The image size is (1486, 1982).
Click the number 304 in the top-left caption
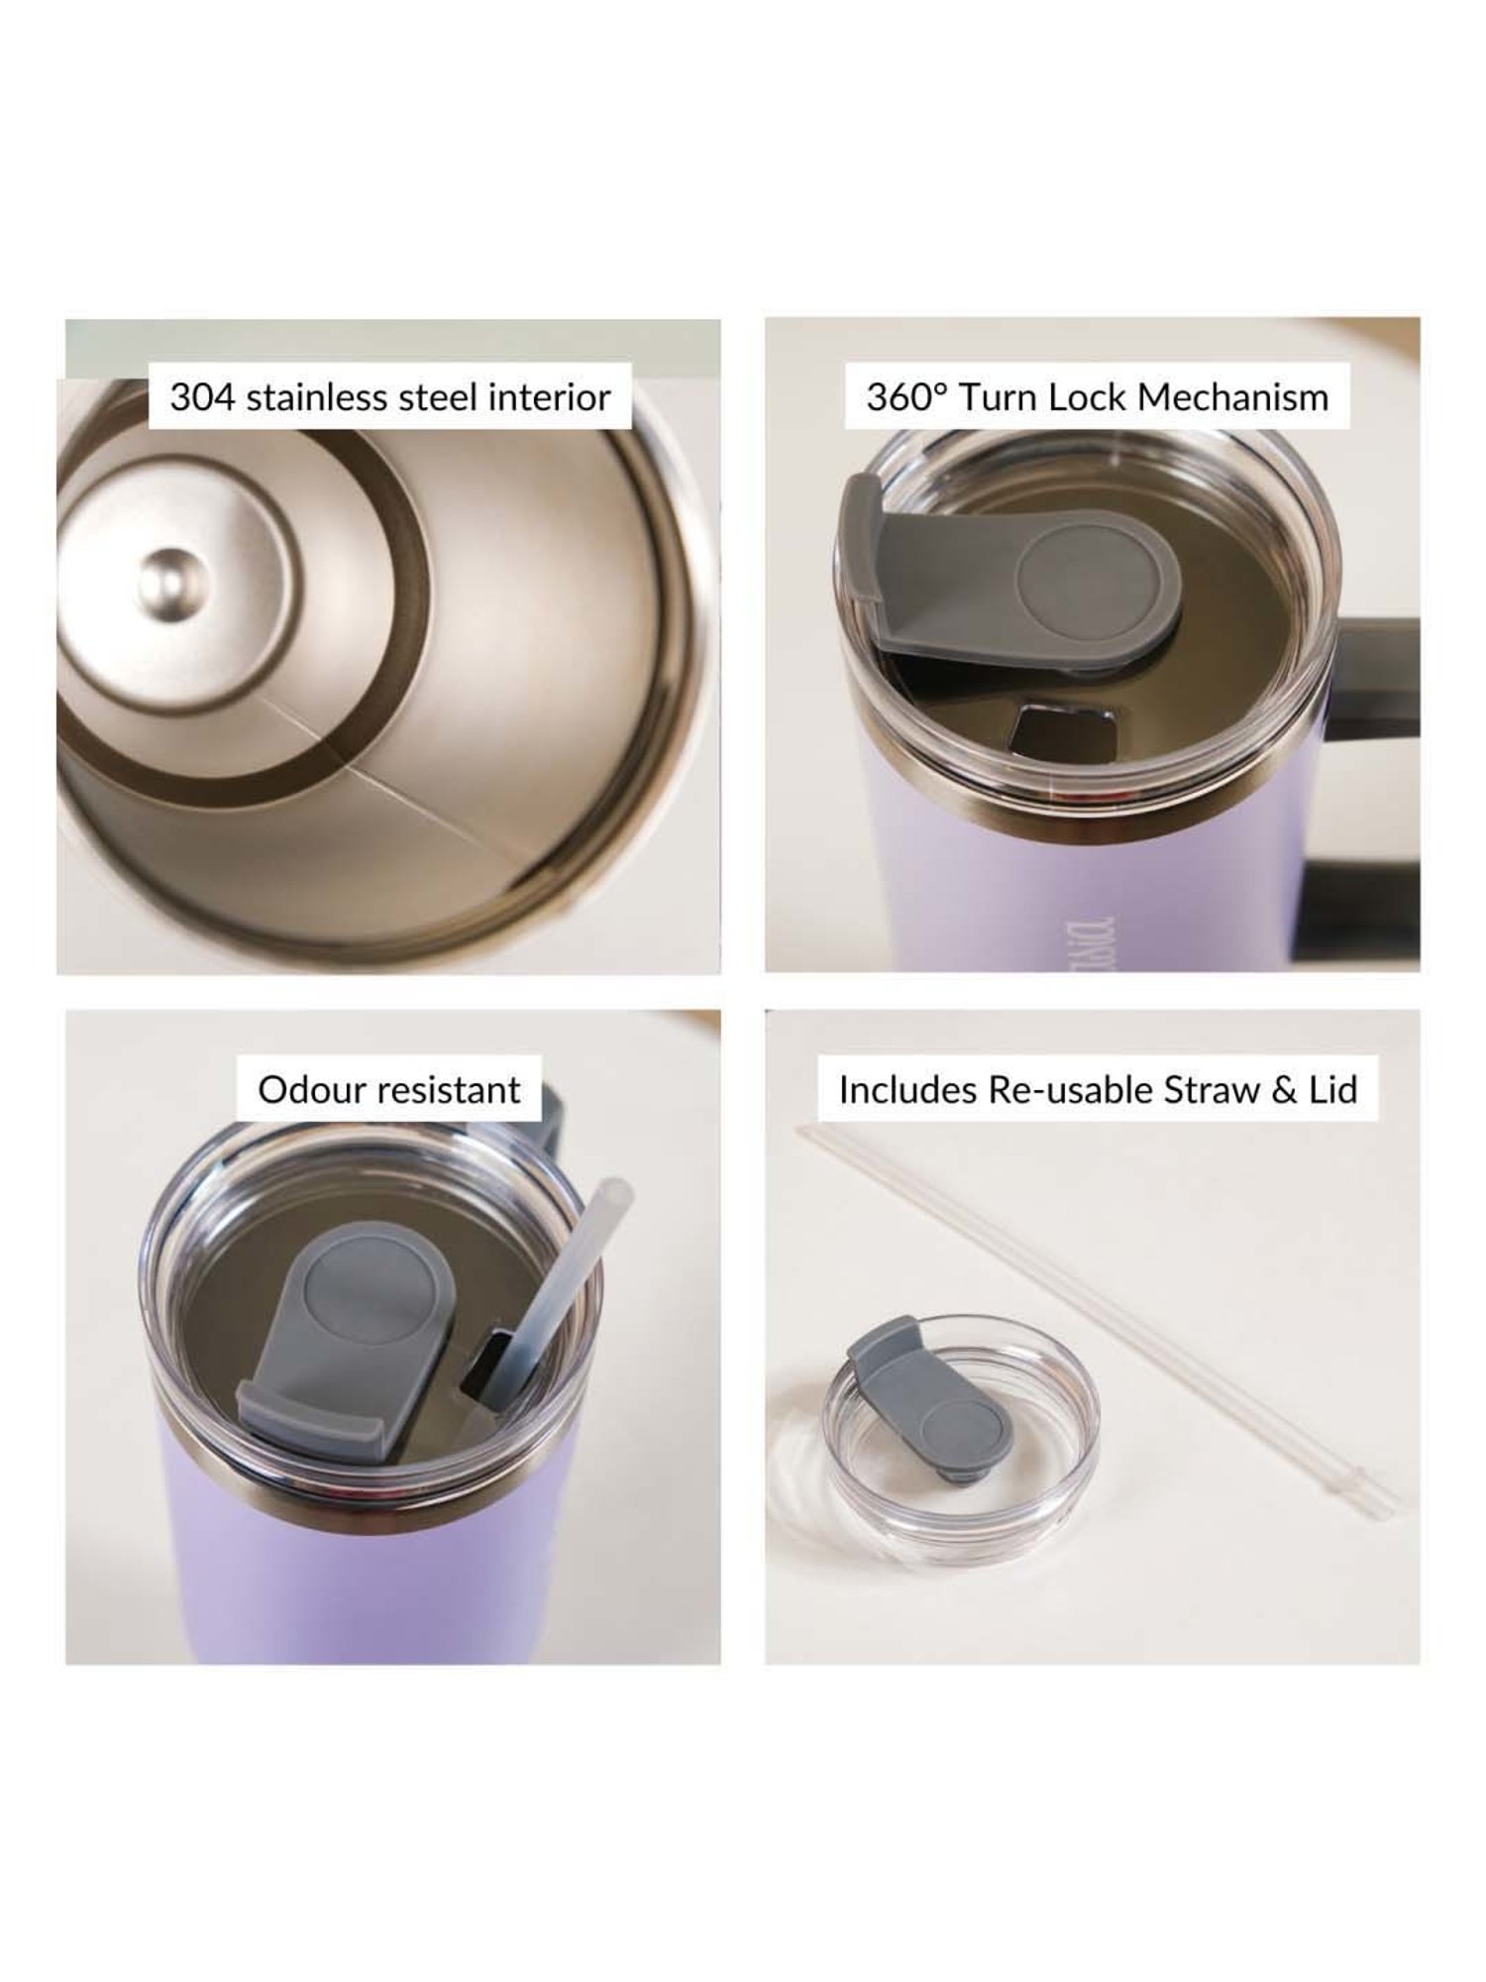pos(202,397)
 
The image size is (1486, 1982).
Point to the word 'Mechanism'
pos(1232,397)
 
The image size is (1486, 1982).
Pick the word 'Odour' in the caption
pos(301,1090)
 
